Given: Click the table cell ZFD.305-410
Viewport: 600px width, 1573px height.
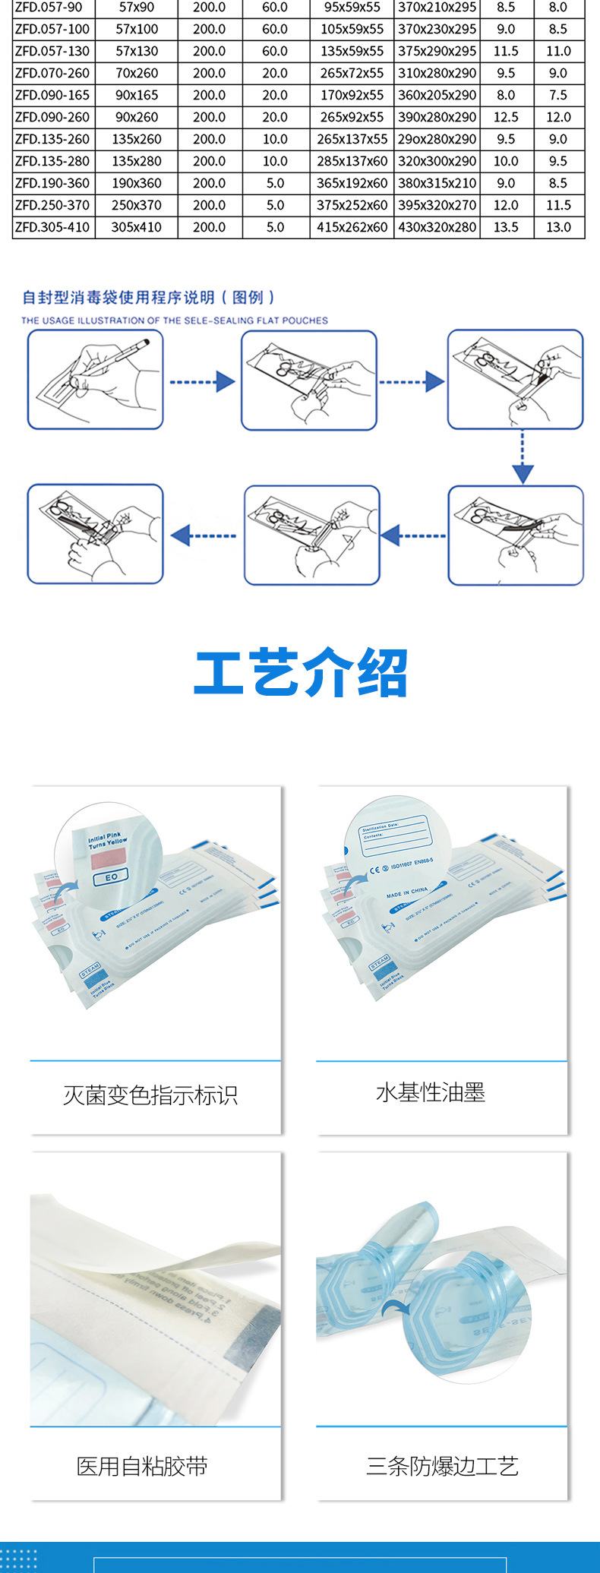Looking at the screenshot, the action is [52, 227].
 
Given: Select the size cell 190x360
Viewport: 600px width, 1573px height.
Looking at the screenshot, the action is [137, 183].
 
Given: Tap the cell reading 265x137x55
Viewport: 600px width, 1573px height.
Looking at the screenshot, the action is [352, 139].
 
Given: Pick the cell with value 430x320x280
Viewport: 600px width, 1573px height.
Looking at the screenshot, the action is [437, 227].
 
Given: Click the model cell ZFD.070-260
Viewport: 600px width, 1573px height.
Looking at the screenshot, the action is [52, 73].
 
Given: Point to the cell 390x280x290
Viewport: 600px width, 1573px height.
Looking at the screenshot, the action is [437, 117].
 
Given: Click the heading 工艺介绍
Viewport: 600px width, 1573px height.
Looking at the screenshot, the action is [301, 673].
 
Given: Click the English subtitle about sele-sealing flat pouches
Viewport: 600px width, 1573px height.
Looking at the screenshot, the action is [175, 321].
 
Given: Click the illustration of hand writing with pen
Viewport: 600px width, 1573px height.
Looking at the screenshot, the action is [96, 380].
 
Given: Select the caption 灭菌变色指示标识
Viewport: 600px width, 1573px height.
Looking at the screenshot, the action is [150, 1095].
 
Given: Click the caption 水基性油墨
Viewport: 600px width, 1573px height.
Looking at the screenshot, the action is [431, 1092].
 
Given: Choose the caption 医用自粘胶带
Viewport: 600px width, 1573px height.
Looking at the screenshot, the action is [142, 1466].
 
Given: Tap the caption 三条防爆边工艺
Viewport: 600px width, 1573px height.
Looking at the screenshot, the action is [442, 1466].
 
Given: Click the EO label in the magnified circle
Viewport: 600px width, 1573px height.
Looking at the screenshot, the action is [112, 877].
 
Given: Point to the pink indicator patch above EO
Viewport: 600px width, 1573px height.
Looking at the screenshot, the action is [109, 859].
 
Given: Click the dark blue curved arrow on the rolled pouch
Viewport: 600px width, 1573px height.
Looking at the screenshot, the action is [394, 1306].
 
